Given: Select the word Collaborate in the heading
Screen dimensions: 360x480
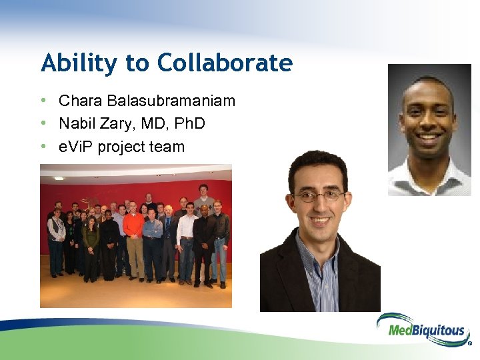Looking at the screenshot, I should tap(225, 63).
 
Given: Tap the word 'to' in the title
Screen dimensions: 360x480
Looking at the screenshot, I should tap(137, 63).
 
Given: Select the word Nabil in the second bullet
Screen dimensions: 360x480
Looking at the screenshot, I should tap(76, 124).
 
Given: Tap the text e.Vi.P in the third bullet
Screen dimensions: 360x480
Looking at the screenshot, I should tap(76, 147).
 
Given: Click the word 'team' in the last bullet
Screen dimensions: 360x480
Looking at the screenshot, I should tap(169, 147).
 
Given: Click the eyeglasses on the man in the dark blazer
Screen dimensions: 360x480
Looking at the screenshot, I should tap(319, 196).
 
